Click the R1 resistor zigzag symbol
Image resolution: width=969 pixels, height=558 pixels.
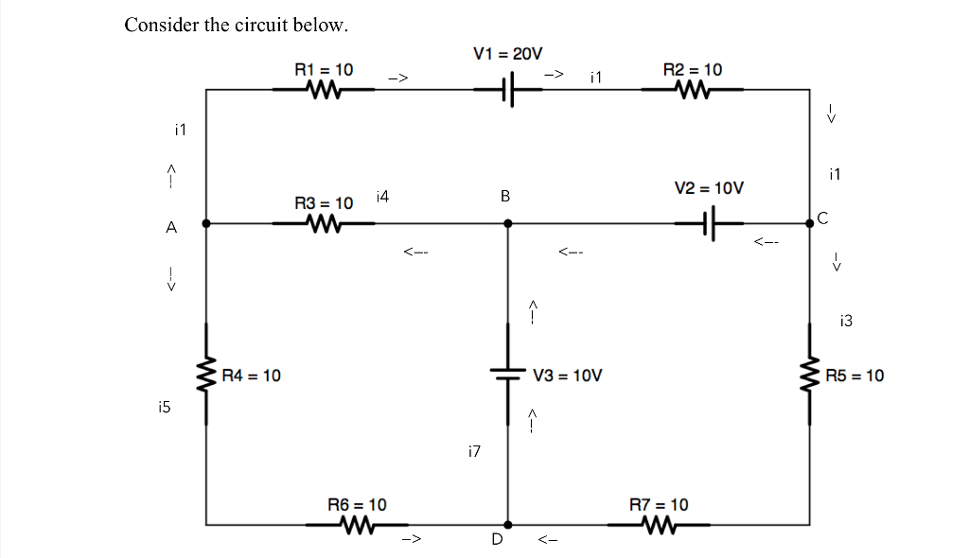point(324,90)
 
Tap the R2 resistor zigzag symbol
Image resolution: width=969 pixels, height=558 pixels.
point(692,90)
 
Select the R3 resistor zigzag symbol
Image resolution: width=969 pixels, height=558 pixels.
point(324,224)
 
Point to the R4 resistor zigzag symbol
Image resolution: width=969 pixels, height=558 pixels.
point(206,375)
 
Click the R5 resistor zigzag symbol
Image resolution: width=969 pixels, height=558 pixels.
point(809,375)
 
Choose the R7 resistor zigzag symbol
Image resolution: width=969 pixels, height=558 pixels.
point(659,524)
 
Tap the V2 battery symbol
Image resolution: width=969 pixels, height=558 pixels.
point(712,224)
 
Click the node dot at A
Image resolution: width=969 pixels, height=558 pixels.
point(206,224)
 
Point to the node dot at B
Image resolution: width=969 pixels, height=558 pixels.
point(508,224)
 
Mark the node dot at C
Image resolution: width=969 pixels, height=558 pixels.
point(809,224)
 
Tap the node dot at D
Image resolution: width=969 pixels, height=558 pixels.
point(508,524)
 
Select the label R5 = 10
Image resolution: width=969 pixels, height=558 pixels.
point(854,375)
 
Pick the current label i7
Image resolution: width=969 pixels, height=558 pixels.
point(474,452)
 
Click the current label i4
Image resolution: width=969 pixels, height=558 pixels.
point(381,197)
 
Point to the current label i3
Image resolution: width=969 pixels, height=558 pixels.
point(845,322)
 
